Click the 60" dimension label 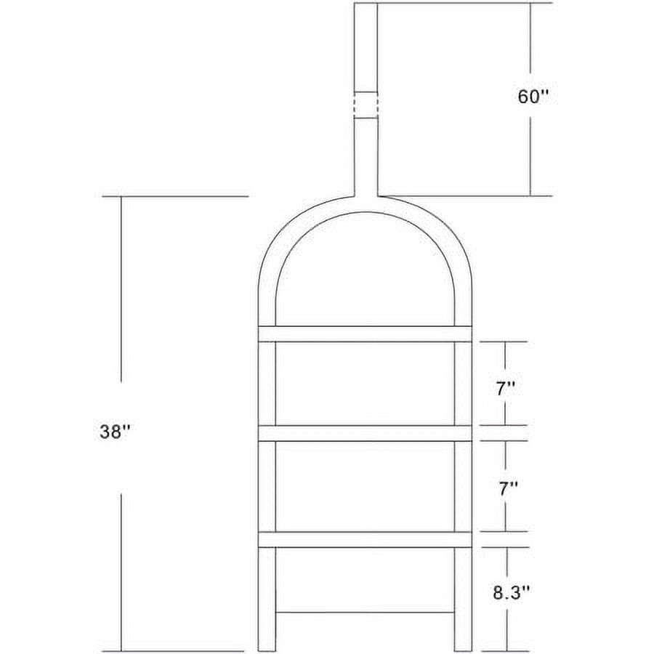[x=532, y=97]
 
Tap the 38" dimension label [x=115, y=432]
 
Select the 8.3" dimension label [x=512, y=592]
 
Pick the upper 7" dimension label [x=506, y=389]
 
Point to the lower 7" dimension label [x=508, y=488]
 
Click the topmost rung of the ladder [x=365, y=334]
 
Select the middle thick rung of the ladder [x=365, y=433]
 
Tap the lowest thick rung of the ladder [x=365, y=540]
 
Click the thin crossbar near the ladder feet [x=365, y=613]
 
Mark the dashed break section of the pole [x=366, y=105]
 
